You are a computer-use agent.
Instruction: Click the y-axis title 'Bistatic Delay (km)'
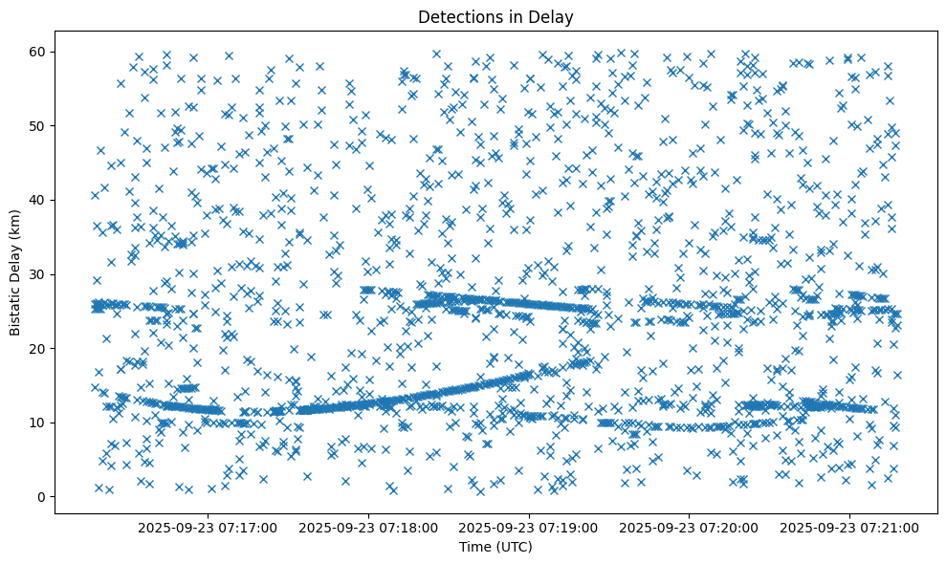click(x=15, y=272)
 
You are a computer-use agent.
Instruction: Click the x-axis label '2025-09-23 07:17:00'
click(x=208, y=527)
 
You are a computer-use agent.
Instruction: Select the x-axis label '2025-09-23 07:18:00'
click(x=368, y=527)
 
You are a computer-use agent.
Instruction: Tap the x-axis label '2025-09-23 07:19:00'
click(x=529, y=527)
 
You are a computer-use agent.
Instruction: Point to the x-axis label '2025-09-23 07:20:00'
click(x=690, y=527)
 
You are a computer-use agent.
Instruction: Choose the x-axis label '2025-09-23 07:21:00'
click(x=850, y=527)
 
